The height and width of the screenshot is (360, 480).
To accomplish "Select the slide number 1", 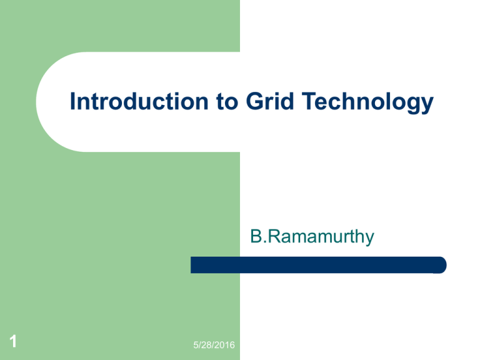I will pos(7,341).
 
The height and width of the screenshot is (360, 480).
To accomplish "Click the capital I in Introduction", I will pos(74,102).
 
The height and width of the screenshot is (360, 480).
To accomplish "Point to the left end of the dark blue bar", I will pos(193,265).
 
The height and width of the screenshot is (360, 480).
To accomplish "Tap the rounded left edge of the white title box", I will pos(39,102).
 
